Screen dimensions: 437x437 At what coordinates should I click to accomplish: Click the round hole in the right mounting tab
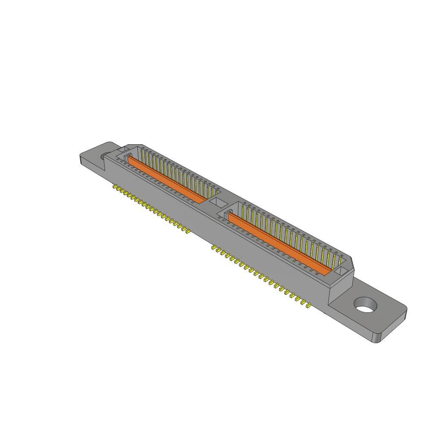coord(366,305)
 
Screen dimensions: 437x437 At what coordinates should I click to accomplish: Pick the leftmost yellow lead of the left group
coord(115,187)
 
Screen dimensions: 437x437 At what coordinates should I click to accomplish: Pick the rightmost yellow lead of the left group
coord(187,232)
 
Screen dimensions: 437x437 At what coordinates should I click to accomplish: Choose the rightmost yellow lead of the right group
coord(307,305)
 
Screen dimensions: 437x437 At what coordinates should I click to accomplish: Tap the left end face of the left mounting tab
coord(81,159)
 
